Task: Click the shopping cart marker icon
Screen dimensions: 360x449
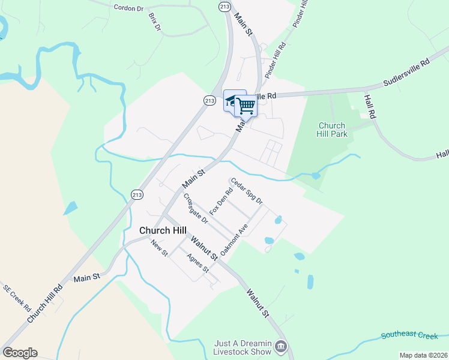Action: click(x=246, y=106)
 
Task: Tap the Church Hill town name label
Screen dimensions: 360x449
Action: click(x=163, y=230)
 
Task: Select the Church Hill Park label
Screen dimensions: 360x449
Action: click(x=333, y=130)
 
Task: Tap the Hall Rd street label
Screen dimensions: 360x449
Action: click(x=370, y=105)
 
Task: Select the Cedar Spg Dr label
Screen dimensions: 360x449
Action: click(x=247, y=191)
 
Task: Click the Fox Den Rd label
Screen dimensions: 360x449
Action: click(x=221, y=202)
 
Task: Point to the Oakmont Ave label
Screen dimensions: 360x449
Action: click(x=234, y=241)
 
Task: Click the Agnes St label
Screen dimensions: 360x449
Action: click(x=197, y=263)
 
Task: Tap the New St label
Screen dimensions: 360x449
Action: click(x=159, y=248)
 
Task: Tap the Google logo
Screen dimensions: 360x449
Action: click(x=20, y=353)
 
